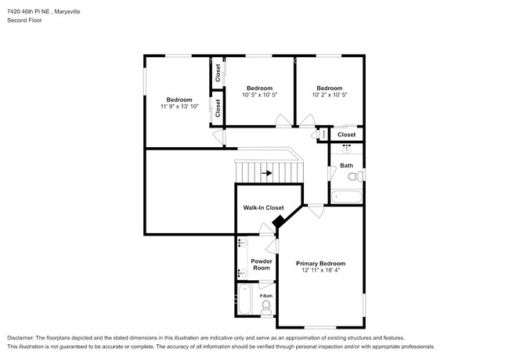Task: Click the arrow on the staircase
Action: click(x=267, y=173)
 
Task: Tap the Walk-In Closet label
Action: click(x=263, y=207)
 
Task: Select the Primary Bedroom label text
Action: click(x=320, y=264)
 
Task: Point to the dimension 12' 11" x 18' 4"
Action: click(x=320, y=272)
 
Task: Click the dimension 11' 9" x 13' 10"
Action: click(x=179, y=106)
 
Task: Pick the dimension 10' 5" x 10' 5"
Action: click(x=259, y=95)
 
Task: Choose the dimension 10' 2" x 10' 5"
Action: click(x=329, y=95)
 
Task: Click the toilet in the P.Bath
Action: click(x=266, y=306)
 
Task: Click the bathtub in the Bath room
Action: click(x=346, y=196)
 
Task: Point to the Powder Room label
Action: click(x=261, y=265)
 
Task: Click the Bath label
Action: click(x=346, y=166)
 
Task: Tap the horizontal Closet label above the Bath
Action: click(x=346, y=135)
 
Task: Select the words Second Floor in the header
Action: click(x=24, y=20)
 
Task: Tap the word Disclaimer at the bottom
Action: click(x=24, y=336)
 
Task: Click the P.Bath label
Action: click(x=265, y=296)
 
